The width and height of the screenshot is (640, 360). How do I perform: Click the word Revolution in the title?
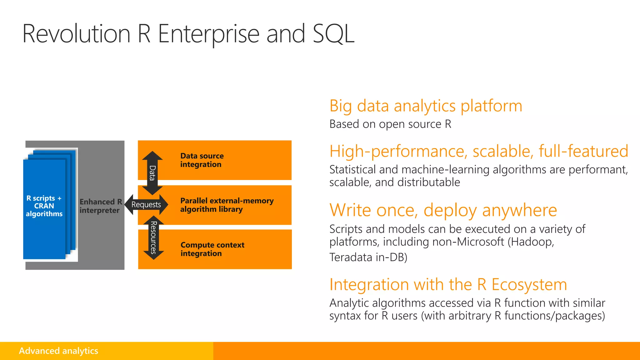[76, 34]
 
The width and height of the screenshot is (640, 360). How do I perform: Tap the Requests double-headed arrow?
[146, 205]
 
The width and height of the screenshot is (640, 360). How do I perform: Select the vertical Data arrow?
[152, 173]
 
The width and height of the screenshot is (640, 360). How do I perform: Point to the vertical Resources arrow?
[153, 237]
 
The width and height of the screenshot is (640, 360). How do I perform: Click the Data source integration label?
[202, 160]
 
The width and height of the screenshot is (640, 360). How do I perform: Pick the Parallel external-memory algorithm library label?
[227, 205]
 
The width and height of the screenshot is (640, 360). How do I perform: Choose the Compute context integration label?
[212, 249]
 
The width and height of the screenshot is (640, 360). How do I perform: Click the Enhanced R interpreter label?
[100, 206]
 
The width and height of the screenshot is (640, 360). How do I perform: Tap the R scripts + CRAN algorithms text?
[44, 206]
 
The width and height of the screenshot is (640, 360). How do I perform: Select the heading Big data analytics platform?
[426, 106]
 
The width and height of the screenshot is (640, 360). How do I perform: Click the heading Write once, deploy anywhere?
[443, 210]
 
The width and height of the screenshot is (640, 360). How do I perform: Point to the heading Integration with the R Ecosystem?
[448, 284]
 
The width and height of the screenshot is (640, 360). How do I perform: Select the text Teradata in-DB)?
[368, 257]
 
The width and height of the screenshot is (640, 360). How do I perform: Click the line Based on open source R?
[390, 124]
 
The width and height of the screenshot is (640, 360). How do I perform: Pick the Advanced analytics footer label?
[58, 351]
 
